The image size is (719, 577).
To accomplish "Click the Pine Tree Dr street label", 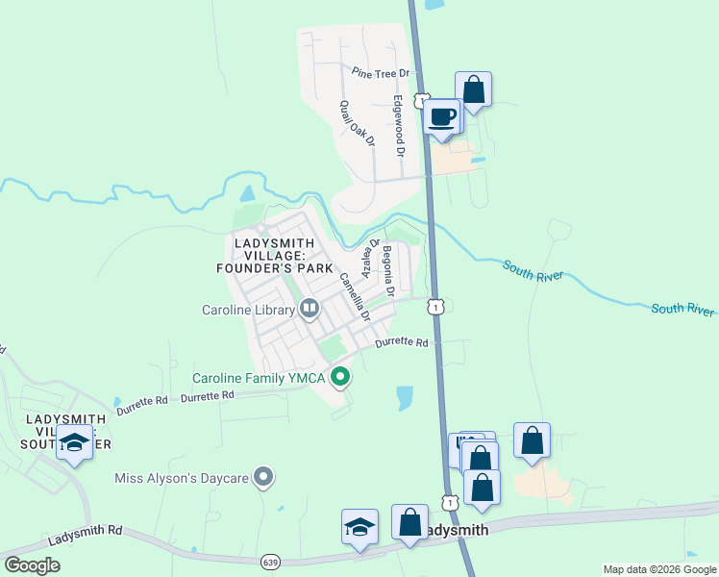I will (x=381, y=73).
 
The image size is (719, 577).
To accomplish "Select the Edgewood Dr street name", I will (x=397, y=125).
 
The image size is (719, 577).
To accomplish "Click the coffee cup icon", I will (x=442, y=117).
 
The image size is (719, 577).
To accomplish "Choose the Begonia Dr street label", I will (x=389, y=270).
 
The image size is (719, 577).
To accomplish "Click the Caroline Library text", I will (x=249, y=310).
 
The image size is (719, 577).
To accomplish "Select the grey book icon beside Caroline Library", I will (x=310, y=310).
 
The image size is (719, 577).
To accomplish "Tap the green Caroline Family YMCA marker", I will (x=339, y=377).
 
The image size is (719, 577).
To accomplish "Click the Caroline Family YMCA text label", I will (x=258, y=377).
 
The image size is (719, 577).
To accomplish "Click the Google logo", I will (x=33, y=565).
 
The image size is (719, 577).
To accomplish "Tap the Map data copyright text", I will (x=658, y=569).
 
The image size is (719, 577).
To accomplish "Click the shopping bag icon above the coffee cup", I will (x=473, y=89).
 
